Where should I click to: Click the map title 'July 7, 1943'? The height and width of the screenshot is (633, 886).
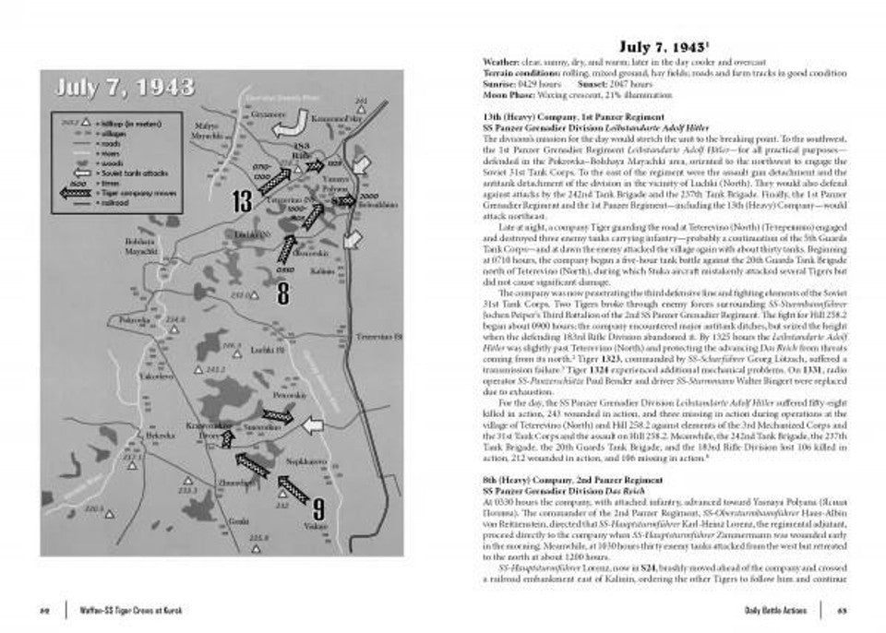click(x=126, y=89)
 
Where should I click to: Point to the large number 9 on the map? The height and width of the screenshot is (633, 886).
click(x=317, y=508)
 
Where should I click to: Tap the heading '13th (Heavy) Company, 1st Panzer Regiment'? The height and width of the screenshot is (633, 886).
click(x=572, y=117)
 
